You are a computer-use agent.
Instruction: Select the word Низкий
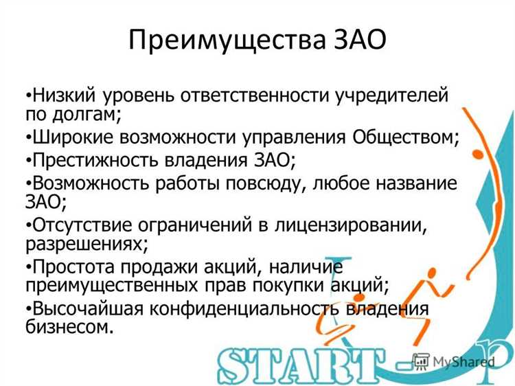pyautogui.click(x=64, y=93)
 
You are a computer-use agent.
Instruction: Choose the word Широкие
pyautogui.click(x=73, y=136)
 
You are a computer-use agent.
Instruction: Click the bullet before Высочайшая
pyautogui.click(x=27, y=308)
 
